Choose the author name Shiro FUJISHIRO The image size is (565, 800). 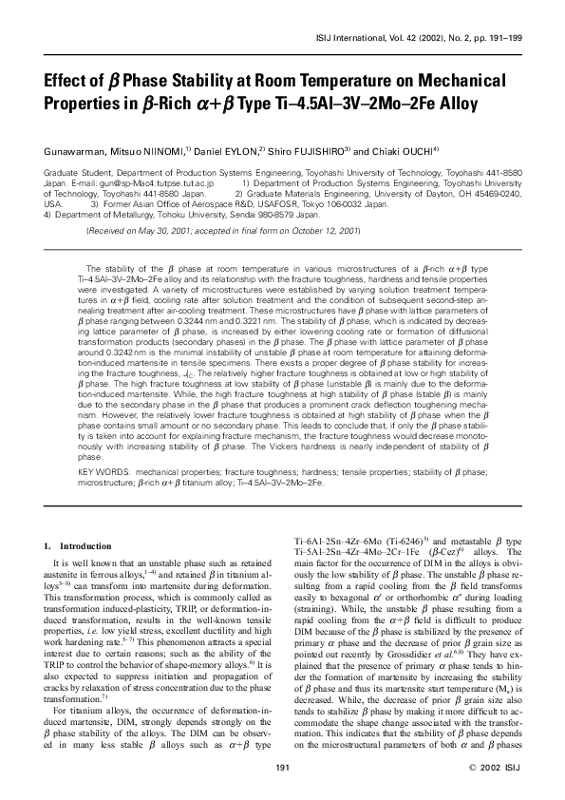point(312,150)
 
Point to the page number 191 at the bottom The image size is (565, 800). point(282,766)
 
